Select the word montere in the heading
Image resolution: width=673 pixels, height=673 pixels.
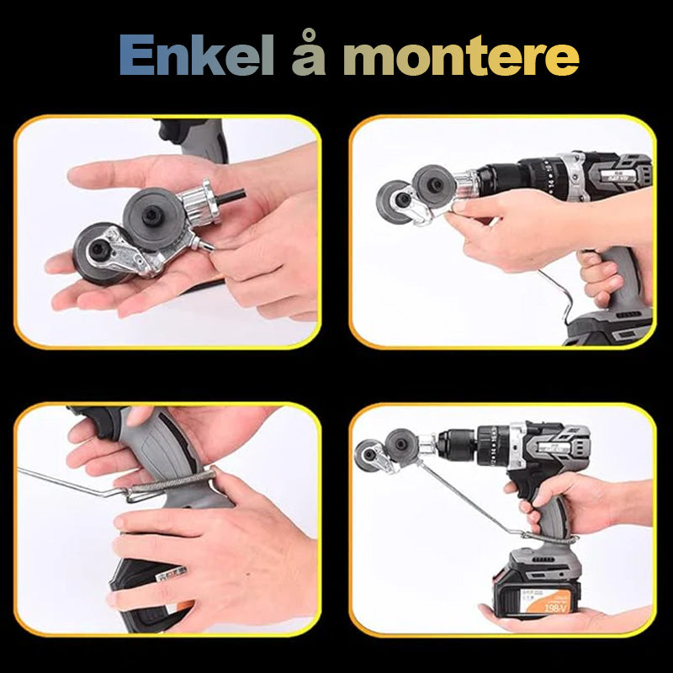pos(461,57)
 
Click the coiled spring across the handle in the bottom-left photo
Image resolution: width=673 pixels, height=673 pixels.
pos(172,485)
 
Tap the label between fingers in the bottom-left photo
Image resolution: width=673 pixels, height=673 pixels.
pos(171,575)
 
